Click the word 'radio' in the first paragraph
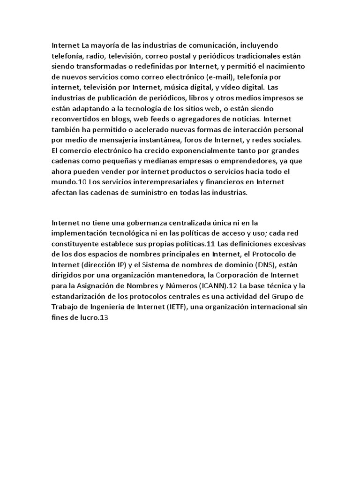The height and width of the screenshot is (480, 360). pos(90,56)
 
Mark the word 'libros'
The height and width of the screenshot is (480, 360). pos(193,97)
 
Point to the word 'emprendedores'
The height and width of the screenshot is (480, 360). pos(234,159)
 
